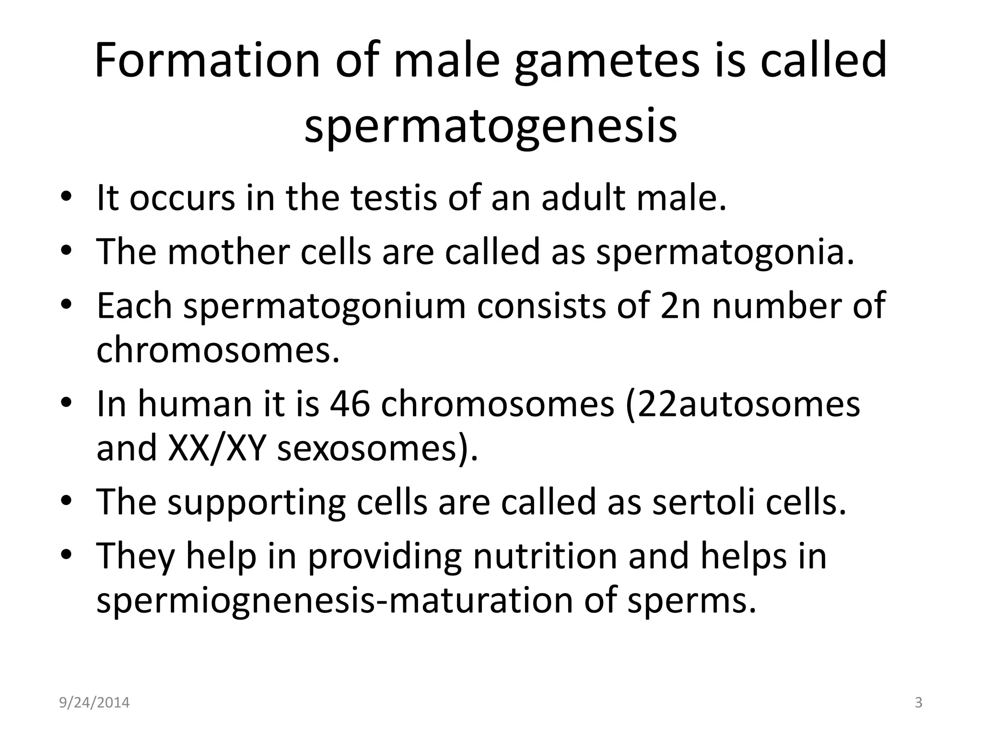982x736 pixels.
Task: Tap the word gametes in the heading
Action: coord(607,61)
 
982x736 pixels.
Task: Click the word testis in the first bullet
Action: coord(394,197)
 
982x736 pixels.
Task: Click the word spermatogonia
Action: coord(725,252)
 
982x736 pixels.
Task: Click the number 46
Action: coord(350,403)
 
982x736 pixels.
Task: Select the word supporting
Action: coord(256,502)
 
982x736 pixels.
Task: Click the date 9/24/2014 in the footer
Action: coord(94,702)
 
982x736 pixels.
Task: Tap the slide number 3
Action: coord(919,702)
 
